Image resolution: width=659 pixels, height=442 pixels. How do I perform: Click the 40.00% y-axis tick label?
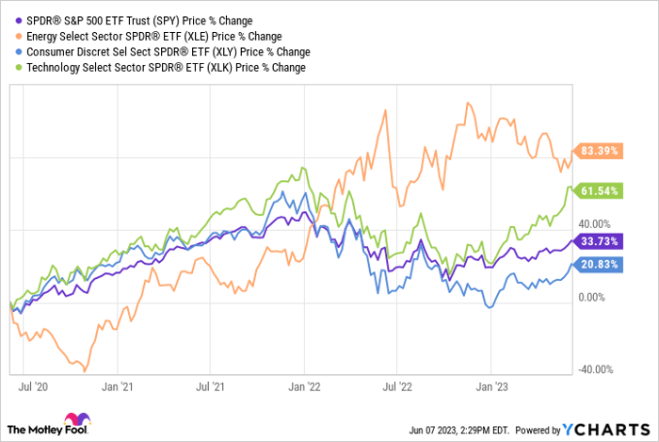595,224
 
